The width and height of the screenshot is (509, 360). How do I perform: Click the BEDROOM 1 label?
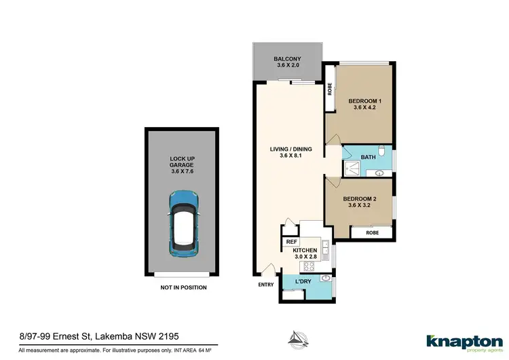(x=365, y=102)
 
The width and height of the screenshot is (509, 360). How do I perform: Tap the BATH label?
(x=368, y=158)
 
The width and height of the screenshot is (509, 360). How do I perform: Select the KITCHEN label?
(x=307, y=250)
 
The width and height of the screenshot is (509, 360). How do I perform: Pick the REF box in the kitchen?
(x=291, y=241)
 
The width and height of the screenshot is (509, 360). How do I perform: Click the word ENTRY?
(x=265, y=285)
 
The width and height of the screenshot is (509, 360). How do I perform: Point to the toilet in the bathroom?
(x=381, y=151)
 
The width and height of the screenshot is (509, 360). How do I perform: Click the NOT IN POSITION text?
(x=183, y=287)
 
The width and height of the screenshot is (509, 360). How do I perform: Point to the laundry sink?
(x=326, y=278)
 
